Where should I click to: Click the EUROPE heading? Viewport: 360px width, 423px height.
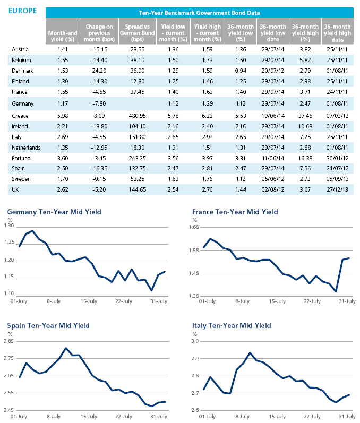click(23, 11)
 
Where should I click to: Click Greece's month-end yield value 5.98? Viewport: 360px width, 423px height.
click(63, 116)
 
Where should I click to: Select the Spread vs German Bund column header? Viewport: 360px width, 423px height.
click(138, 33)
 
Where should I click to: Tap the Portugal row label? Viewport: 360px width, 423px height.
click(22, 158)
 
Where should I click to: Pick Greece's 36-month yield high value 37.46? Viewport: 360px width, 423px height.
click(305, 116)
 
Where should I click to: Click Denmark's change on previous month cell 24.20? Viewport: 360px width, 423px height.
click(99, 71)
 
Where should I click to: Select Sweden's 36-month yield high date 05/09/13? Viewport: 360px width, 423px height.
click(337, 179)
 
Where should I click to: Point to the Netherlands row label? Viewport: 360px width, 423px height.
click(26, 148)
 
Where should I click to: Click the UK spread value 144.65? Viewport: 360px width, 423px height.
click(138, 189)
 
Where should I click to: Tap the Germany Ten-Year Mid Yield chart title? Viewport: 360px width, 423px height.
click(54, 212)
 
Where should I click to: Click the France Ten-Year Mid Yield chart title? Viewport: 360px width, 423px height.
click(235, 212)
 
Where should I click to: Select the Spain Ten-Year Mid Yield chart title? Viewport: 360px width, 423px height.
click(48, 326)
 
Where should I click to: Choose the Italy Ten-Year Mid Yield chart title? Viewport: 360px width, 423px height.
click(232, 326)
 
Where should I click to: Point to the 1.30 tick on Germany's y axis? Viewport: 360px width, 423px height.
click(9, 226)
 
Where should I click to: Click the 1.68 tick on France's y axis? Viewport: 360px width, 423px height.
click(194, 227)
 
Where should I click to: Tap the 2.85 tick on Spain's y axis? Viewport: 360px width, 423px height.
click(8, 341)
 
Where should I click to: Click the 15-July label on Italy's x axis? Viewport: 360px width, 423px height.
click(277, 417)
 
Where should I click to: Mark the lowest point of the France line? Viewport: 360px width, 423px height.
click(336, 291)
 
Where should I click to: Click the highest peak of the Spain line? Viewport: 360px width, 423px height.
click(66, 348)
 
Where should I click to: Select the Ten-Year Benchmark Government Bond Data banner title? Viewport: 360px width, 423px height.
click(200, 13)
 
